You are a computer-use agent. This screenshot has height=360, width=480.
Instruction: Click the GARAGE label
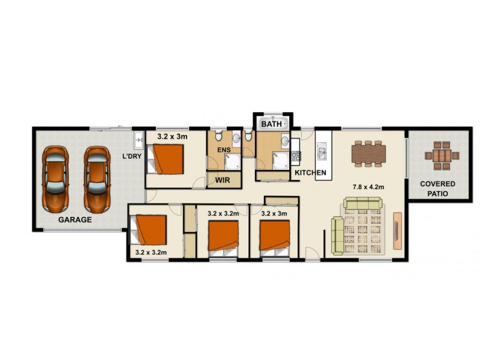pyautogui.click(x=75, y=220)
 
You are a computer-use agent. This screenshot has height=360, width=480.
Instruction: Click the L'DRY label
pyautogui.click(x=131, y=157)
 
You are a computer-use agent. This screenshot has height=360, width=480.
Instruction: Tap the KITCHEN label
pyautogui.click(x=310, y=173)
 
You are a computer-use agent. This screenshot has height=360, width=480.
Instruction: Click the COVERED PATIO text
pyautogui.click(x=437, y=188)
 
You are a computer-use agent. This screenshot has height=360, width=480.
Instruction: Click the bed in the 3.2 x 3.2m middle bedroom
pyautogui.click(x=223, y=235)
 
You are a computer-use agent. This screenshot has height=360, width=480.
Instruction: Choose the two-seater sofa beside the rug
pyautogui.click(x=338, y=235)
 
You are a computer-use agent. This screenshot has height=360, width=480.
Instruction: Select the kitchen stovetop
pyautogui.click(x=295, y=157)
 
